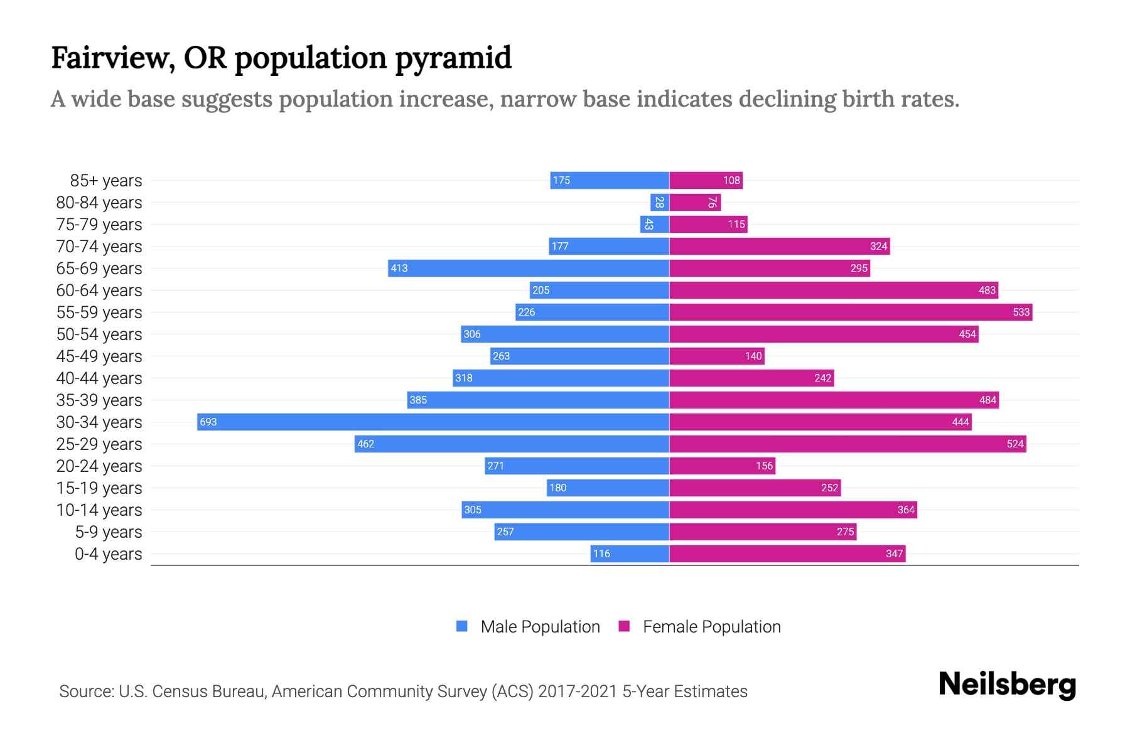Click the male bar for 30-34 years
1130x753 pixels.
point(433,422)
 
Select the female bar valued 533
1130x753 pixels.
point(851,312)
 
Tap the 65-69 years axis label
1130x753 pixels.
point(99,269)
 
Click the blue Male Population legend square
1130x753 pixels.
point(462,626)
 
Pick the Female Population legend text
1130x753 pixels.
point(711,627)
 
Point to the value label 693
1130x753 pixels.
point(208,422)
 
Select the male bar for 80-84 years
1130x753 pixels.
point(659,202)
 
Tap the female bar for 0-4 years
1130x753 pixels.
point(787,553)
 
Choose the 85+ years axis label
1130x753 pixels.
point(106,181)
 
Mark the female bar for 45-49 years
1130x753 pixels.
point(716,356)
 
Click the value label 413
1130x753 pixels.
point(399,269)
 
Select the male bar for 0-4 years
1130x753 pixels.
point(630,553)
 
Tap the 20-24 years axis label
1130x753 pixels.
point(99,466)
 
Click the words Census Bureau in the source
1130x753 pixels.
point(208,692)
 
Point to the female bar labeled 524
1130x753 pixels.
point(847,444)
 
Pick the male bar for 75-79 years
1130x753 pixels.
point(655,224)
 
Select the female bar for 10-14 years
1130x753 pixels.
point(793,510)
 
